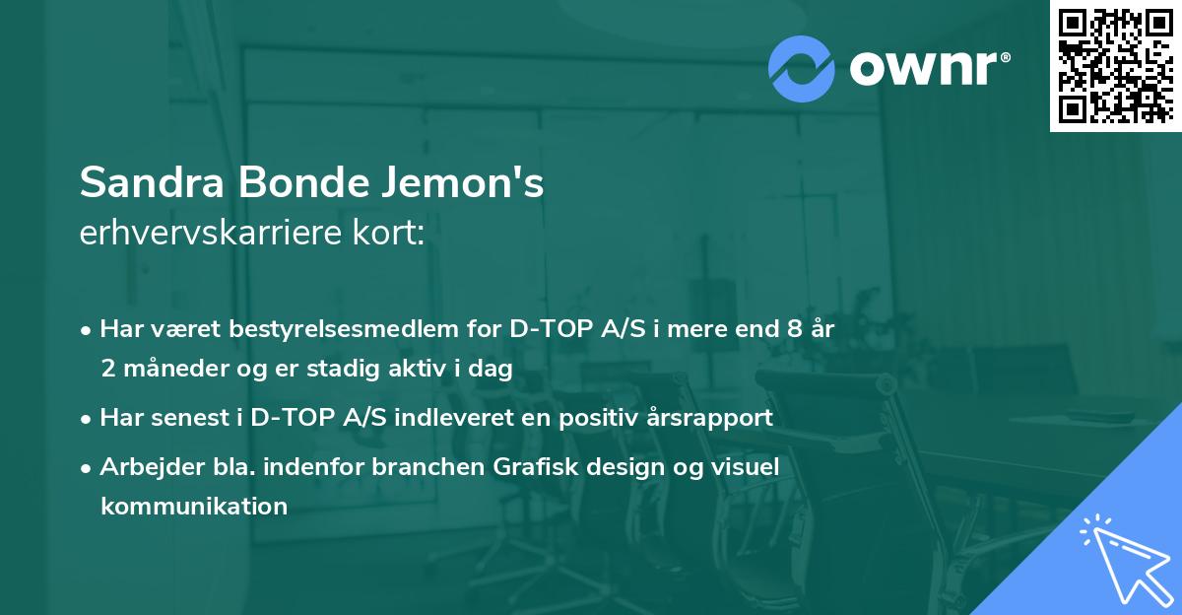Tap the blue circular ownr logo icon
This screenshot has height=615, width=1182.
coord(802,68)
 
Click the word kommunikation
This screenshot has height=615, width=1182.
coord(193,507)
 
